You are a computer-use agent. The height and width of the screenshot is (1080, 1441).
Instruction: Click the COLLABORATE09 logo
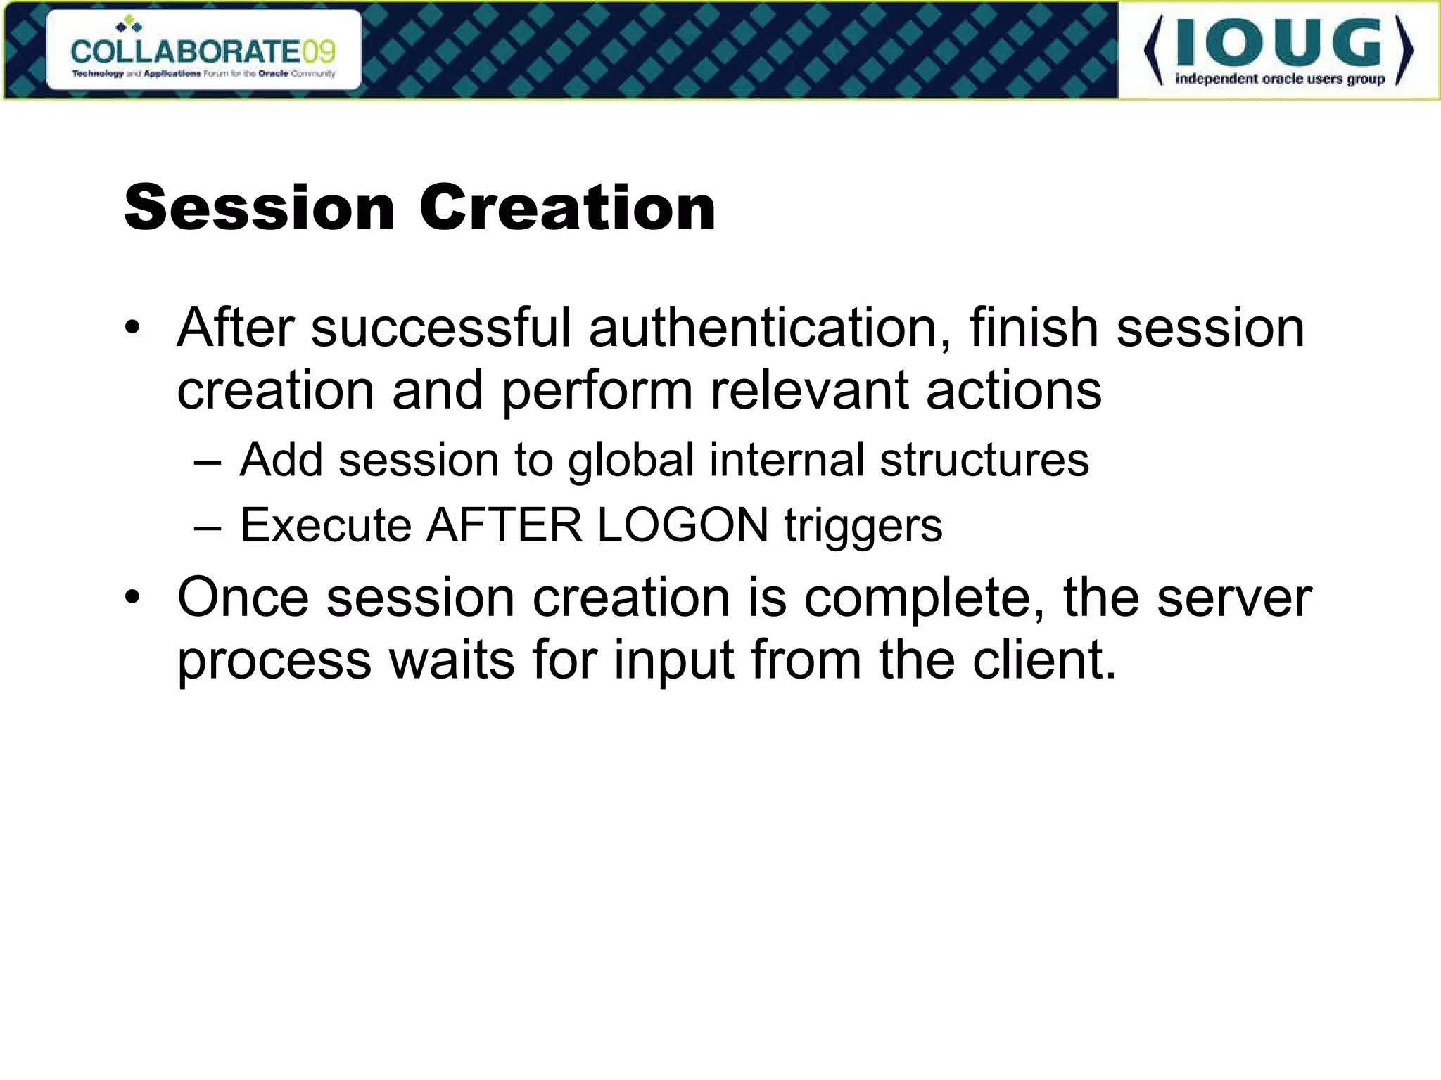coord(203,51)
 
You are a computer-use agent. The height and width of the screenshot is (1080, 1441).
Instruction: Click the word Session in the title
coord(259,207)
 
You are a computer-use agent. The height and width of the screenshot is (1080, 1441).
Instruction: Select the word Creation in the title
coord(567,207)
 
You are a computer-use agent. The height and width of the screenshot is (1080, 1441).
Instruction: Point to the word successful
coord(440,328)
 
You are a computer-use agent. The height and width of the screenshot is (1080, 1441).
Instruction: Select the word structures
coord(984,460)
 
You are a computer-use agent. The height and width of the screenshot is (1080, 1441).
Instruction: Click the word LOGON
coord(683,525)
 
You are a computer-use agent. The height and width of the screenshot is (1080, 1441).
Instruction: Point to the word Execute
coord(326,525)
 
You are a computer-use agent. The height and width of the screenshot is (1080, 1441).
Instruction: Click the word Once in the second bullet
coord(243,598)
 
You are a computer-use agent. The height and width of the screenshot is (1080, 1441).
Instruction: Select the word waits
coord(452,660)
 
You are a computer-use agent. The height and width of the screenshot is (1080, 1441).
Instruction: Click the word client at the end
coord(1037,660)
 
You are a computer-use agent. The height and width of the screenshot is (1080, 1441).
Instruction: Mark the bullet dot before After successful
coord(132,328)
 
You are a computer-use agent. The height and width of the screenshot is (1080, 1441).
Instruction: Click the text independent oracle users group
coord(1280,79)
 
